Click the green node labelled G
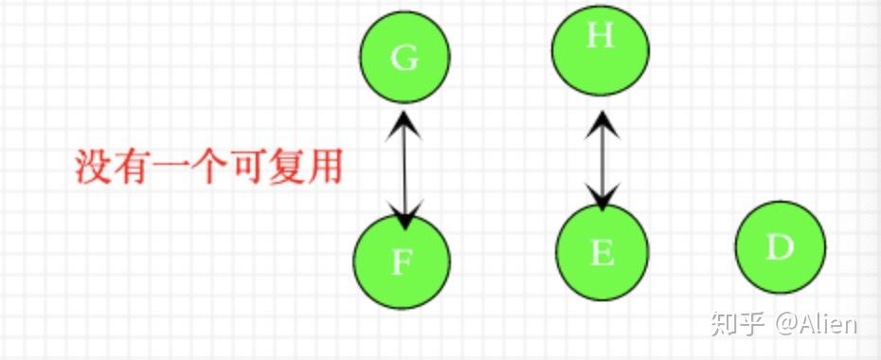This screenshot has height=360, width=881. point(405,58)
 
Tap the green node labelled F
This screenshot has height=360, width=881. point(402,261)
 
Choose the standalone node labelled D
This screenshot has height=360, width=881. point(780,247)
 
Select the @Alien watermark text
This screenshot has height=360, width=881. point(818,324)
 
